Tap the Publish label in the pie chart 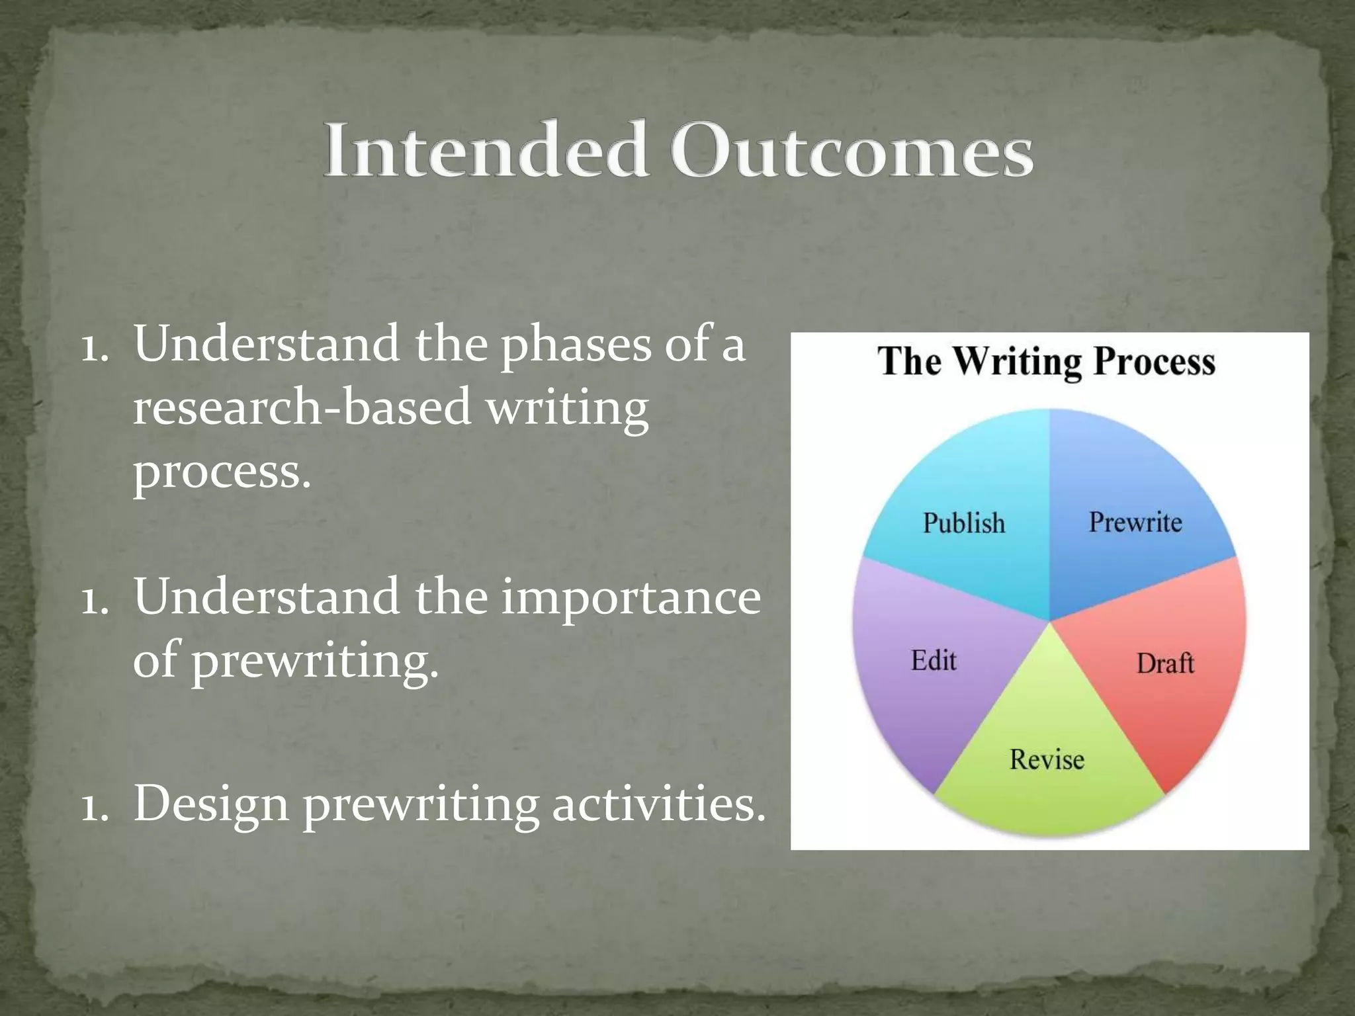click(963, 523)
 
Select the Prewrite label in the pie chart click(1135, 522)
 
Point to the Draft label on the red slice click(1165, 663)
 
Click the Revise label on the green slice click(1047, 759)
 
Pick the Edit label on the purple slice click(934, 660)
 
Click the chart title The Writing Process click(1047, 362)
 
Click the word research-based click(302, 407)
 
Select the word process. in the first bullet click(222, 472)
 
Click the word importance click(631, 597)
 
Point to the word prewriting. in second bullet click(315, 660)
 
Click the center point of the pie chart click(1049, 622)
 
